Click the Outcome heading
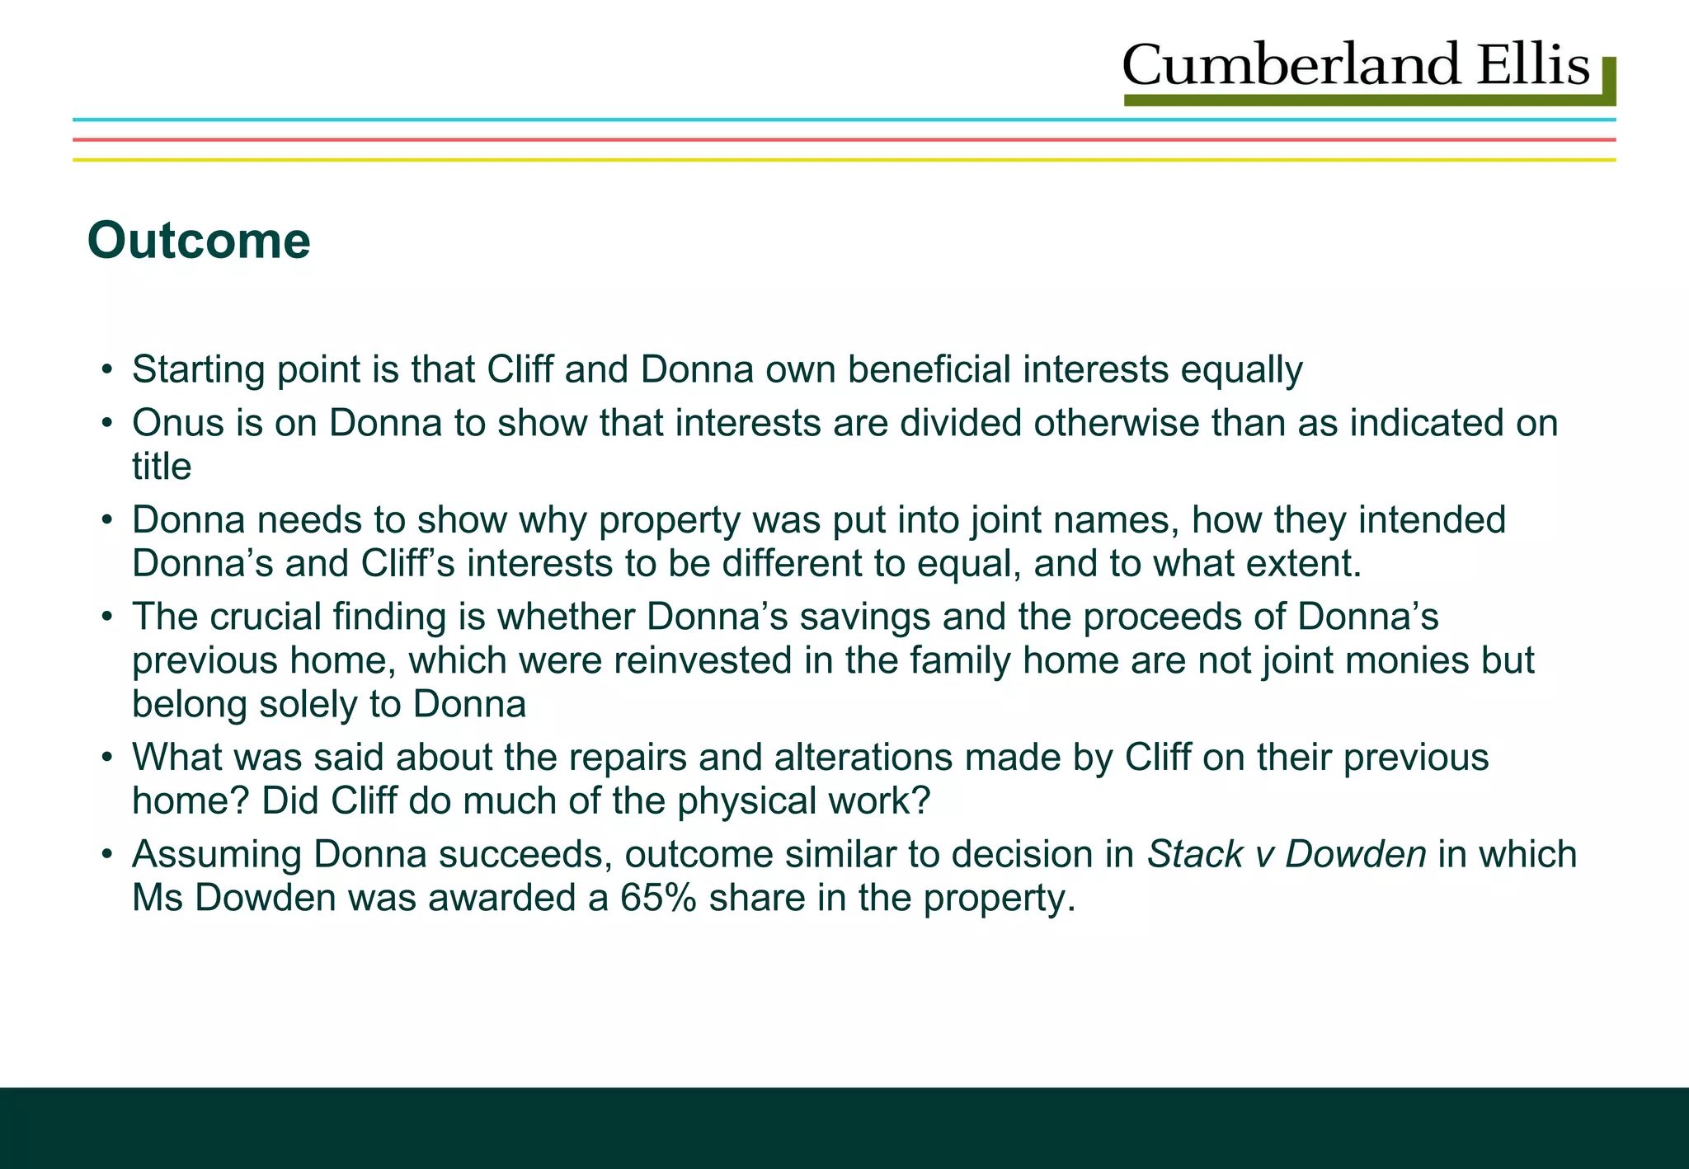(199, 241)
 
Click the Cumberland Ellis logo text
(1355, 66)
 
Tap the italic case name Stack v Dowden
(1287, 854)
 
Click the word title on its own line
(162, 467)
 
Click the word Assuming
(216, 854)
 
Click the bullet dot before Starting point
(106, 370)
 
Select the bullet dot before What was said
(106, 758)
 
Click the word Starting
(197, 370)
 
